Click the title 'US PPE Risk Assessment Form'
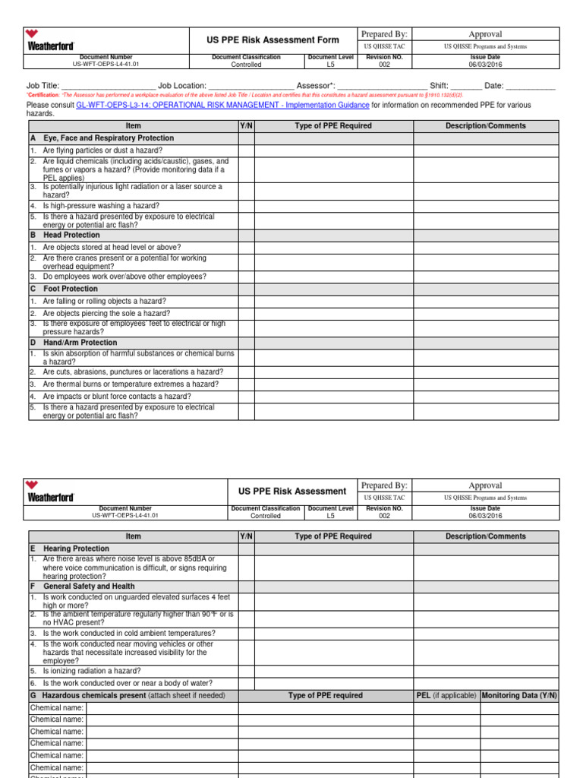coord(272,39)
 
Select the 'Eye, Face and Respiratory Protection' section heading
coord(109,138)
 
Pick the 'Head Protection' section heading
coord(71,235)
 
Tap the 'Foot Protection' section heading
coord(71,289)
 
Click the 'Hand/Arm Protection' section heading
coord(80,343)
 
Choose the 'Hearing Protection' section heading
coord(76,548)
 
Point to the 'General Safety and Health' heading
coord(90,587)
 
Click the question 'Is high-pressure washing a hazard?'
coord(101,205)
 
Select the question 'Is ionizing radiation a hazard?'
coord(92,671)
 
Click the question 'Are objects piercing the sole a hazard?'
coord(106,313)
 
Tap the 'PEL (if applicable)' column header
coord(446,695)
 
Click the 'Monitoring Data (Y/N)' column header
coord(519,695)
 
